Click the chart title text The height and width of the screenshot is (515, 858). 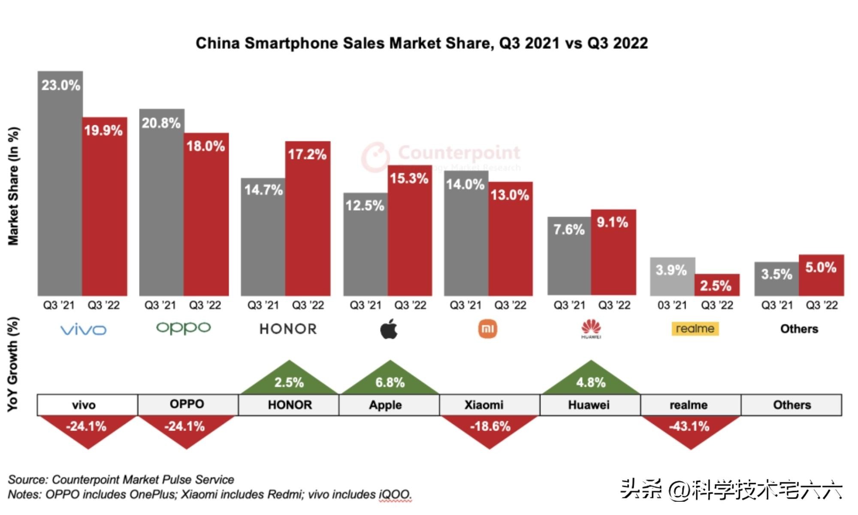coord(422,43)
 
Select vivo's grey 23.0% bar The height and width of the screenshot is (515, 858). coord(60,184)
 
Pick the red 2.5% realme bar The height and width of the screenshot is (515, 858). coord(717,285)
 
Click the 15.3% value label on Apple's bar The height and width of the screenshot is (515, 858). coord(409,178)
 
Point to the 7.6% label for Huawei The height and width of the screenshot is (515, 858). coord(569,229)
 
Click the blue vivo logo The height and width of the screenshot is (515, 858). coord(83,329)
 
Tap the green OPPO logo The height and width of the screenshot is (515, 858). coord(183,328)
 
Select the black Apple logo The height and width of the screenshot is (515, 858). coord(389,329)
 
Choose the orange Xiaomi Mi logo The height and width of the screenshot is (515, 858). coord(488,329)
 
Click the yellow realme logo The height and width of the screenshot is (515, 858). coord(695,329)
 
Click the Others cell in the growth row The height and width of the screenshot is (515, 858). coord(792,405)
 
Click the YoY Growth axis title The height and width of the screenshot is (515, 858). coord(13,364)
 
